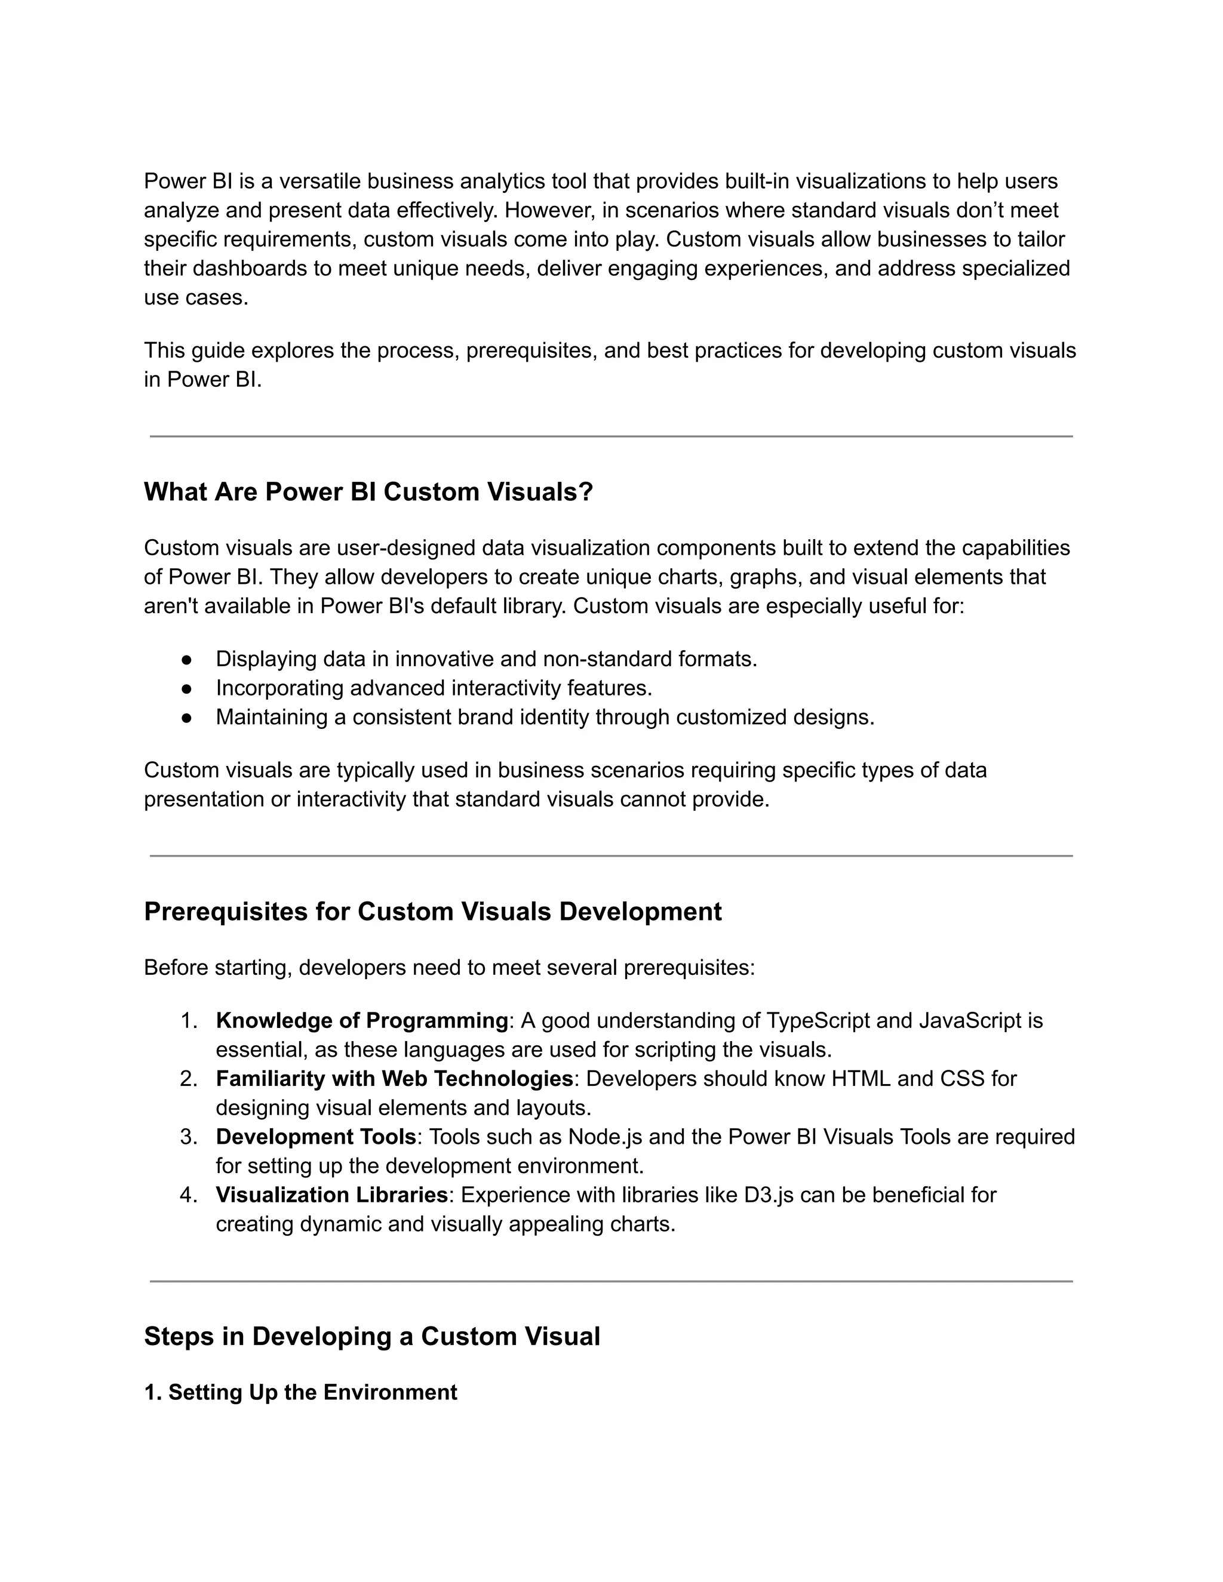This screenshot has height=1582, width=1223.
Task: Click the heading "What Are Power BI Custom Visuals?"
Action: coord(368,493)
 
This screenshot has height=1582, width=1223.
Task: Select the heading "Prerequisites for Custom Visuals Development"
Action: coord(432,912)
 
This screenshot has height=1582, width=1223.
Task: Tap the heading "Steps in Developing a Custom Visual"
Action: coord(371,1337)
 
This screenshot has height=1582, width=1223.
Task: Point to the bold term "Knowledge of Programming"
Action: coord(361,1021)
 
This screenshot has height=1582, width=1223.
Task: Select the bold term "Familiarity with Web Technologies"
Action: coord(394,1079)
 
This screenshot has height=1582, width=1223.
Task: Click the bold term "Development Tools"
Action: coord(316,1137)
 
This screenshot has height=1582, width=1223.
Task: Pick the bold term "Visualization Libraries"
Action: coord(331,1195)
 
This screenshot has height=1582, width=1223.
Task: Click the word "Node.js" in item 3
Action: coord(605,1137)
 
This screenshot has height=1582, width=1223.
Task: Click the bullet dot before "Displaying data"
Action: coord(186,660)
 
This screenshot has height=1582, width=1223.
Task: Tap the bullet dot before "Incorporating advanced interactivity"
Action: coord(186,688)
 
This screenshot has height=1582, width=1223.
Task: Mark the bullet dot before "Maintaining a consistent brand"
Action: coord(186,718)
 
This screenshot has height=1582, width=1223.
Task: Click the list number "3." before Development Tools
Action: coord(188,1137)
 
